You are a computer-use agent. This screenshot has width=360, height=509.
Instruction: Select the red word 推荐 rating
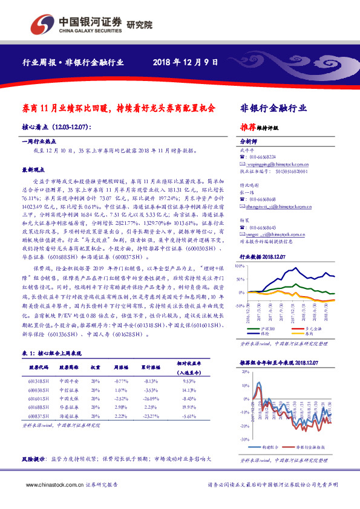[x=247, y=128]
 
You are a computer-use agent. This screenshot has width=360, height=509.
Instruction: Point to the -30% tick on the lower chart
[x=243, y=439]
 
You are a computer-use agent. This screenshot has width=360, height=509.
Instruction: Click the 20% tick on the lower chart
[x=244, y=371]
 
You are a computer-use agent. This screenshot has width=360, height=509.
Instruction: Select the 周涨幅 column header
[x=122, y=368]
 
